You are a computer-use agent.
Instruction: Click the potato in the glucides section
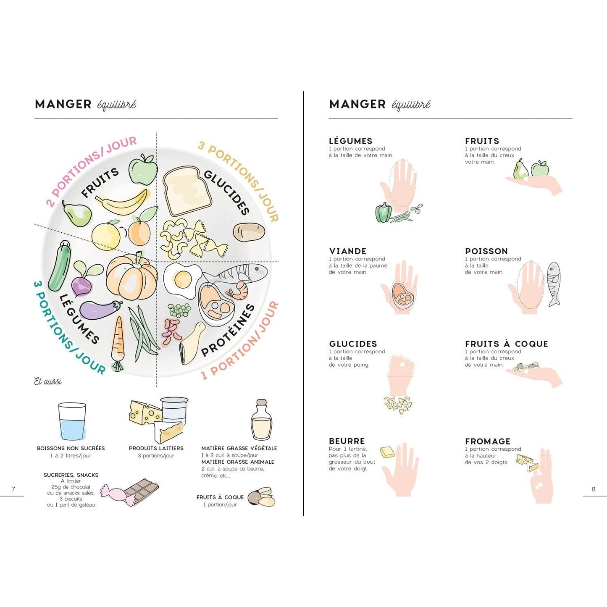click(249, 232)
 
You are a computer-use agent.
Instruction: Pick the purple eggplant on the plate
click(100, 309)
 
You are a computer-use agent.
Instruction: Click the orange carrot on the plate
click(118, 343)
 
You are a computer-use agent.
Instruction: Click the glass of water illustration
click(72, 421)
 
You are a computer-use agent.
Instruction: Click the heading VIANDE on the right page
click(348, 251)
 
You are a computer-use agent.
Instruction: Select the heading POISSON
click(486, 251)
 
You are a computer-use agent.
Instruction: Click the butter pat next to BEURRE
click(387, 452)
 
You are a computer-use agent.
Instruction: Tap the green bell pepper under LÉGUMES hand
click(384, 212)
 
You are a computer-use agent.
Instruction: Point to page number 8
click(594, 489)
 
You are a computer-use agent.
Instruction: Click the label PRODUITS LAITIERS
click(156, 448)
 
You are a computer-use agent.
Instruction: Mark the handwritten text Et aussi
click(48, 381)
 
